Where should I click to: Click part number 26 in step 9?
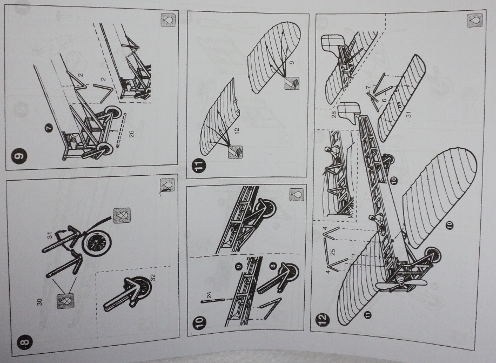[x=131, y=134]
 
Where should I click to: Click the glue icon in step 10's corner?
[x=296, y=193]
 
